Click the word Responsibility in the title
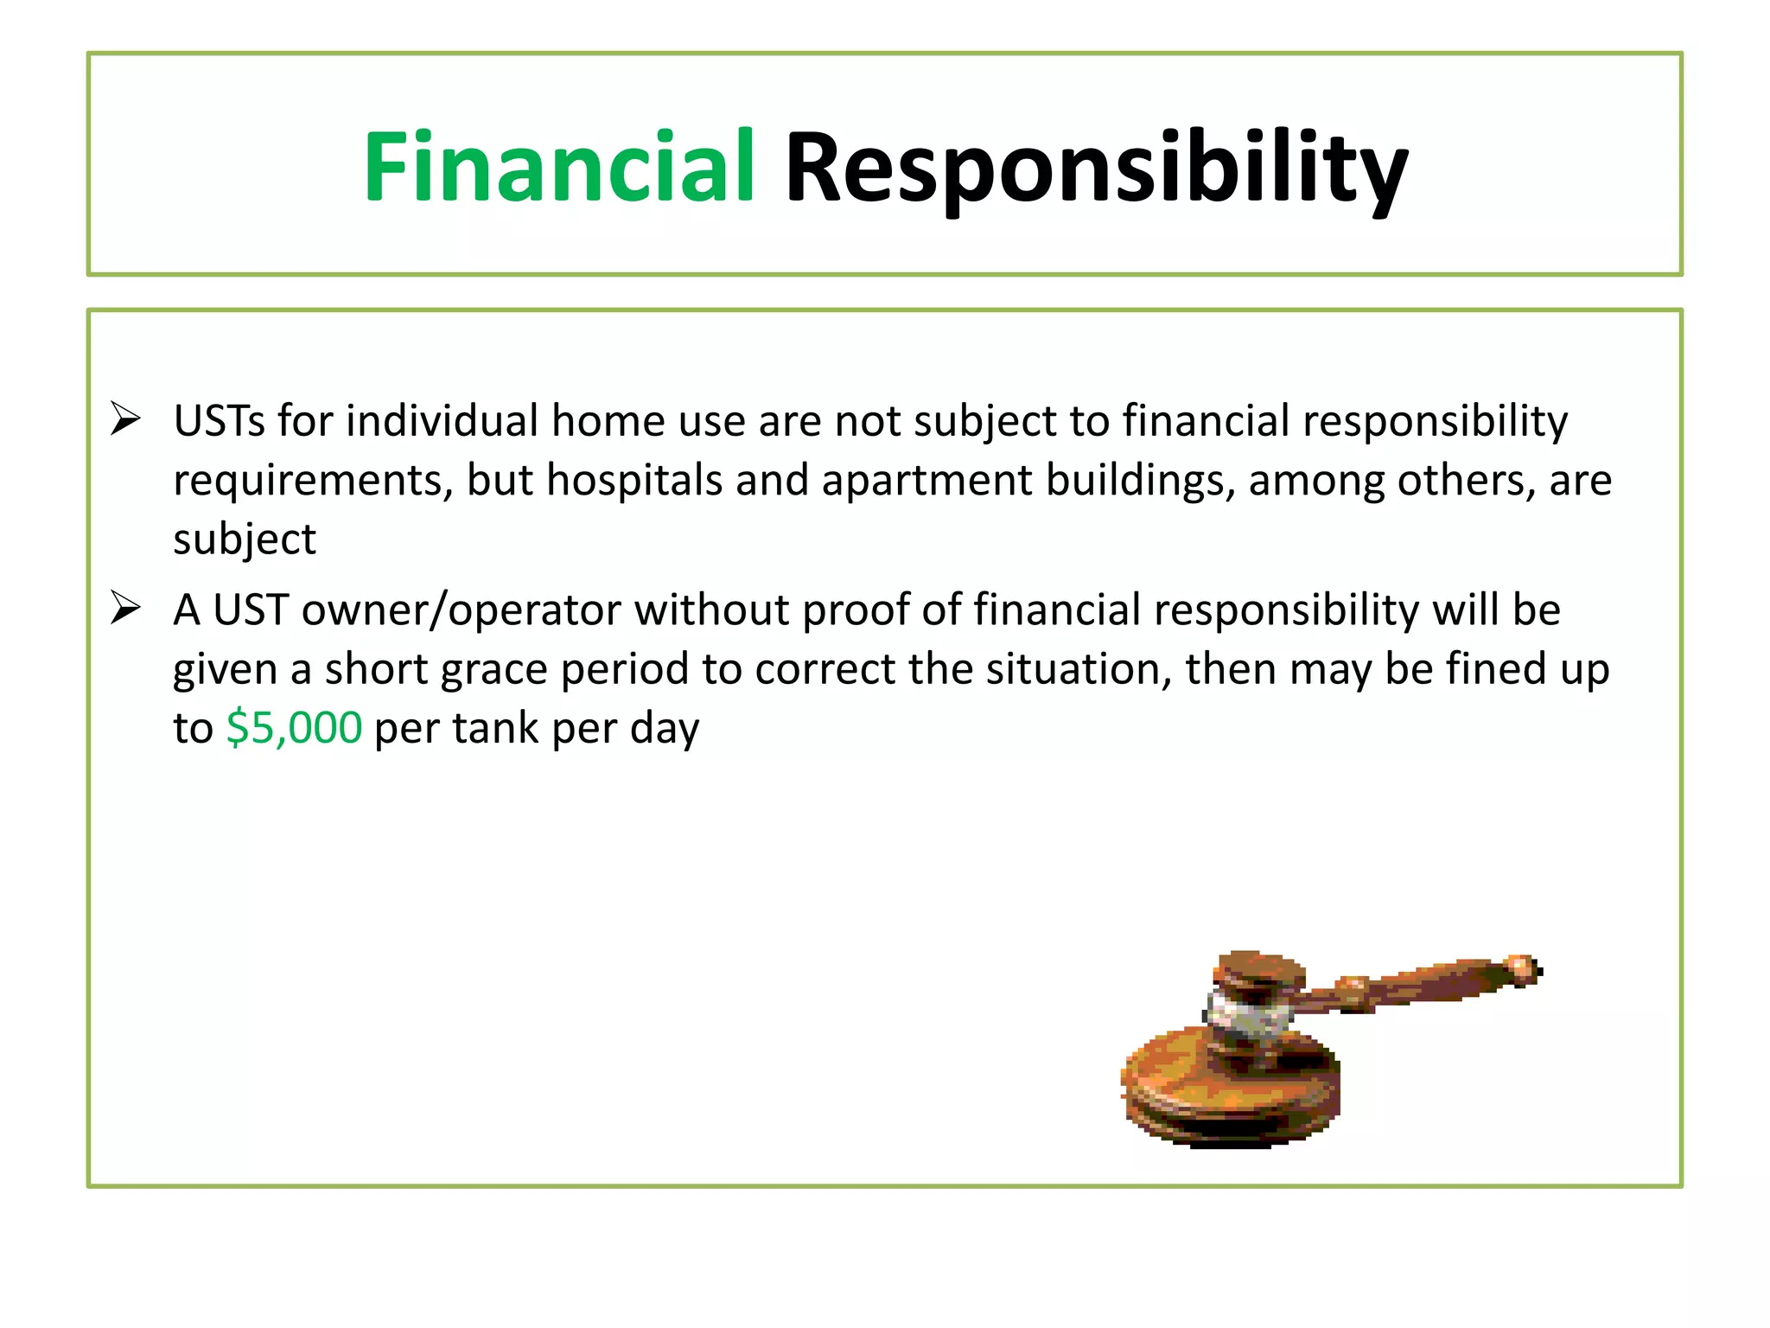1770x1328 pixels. pyautogui.click(x=1096, y=169)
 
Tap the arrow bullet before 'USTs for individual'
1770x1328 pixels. pyautogui.click(x=126, y=420)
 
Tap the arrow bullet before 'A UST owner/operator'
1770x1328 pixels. pyautogui.click(x=126, y=610)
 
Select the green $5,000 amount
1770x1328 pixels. pyautogui.click(x=294, y=728)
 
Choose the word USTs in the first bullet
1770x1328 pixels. pyautogui.click(x=220, y=421)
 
